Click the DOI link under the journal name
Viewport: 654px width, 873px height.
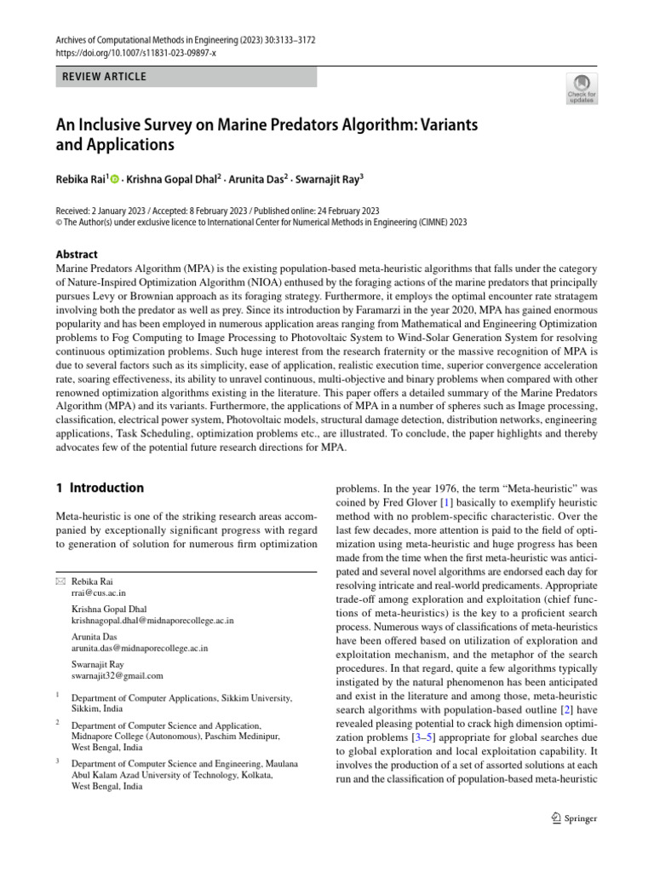136,52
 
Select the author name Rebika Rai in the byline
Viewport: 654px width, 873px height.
81,182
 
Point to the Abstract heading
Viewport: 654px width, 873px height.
77,254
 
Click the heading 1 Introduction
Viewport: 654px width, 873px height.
100,488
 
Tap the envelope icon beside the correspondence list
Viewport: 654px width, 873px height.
60,581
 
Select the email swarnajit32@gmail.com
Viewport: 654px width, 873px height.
117,676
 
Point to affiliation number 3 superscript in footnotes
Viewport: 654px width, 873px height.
57,761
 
